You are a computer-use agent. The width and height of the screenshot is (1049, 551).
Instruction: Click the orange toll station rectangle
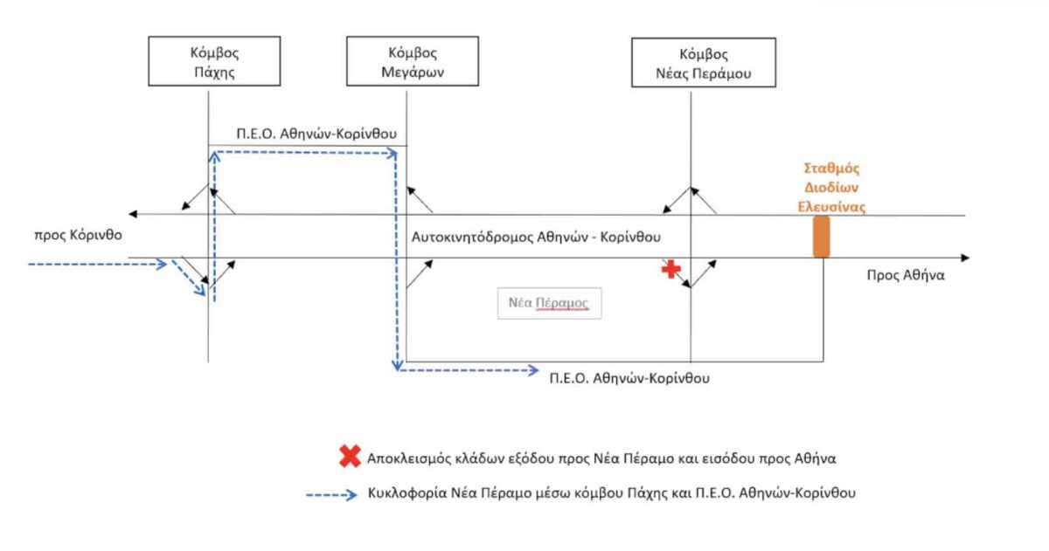822,237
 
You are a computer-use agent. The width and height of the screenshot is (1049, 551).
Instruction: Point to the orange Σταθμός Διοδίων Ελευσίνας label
831,188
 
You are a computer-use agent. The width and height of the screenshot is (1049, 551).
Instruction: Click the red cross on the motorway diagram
671,269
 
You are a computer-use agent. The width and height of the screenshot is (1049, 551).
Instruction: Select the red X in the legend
350,456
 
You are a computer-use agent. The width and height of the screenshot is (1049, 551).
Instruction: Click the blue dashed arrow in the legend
331,495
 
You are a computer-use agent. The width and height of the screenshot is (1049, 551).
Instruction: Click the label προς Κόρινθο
78,235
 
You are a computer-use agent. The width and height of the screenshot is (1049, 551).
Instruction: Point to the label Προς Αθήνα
906,275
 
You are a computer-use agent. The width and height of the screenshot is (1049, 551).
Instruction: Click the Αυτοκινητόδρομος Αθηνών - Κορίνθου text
536,238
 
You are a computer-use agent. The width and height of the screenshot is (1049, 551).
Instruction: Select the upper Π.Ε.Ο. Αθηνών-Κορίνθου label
316,134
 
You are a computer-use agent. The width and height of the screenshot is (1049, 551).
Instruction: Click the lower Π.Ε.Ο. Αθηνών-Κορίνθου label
629,378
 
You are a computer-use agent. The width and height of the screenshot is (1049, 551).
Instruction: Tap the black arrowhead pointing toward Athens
965,258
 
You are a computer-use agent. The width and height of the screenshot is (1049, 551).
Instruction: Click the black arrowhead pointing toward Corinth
133,214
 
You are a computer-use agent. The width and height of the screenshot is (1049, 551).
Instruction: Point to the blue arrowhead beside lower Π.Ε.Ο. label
533,370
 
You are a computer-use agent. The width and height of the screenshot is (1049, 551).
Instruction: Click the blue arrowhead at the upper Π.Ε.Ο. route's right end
392,153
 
